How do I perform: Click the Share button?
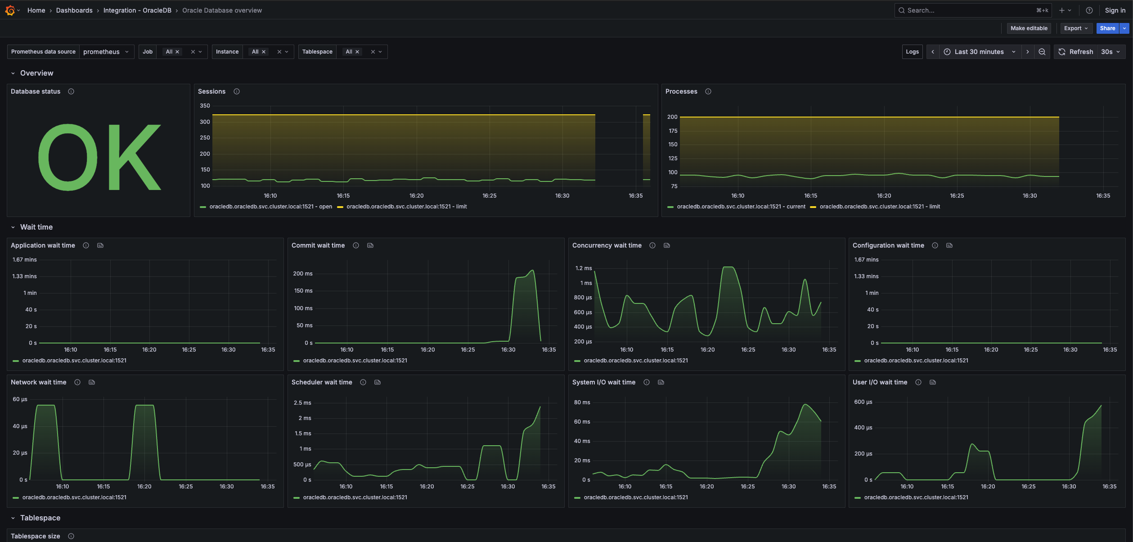(x=1107, y=28)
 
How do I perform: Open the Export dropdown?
(x=1076, y=28)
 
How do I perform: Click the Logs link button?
(x=912, y=52)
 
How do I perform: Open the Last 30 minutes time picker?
(x=979, y=52)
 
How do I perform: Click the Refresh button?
(x=1075, y=52)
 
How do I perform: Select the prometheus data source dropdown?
(x=106, y=52)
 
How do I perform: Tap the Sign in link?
(x=1115, y=10)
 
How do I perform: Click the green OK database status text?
(x=99, y=157)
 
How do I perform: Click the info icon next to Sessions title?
(x=237, y=91)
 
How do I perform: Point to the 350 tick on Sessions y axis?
(x=205, y=106)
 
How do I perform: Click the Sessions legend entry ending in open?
(x=270, y=207)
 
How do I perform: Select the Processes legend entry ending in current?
(x=741, y=207)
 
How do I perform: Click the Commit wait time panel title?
(x=318, y=245)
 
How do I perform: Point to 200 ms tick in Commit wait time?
(x=302, y=274)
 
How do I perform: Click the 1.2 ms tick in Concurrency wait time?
(x=583, y=268)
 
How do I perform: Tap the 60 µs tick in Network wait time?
(x=20, y=399)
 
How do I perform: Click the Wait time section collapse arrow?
(x=13, y=227)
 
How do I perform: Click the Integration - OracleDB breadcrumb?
(x=137, y=10)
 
